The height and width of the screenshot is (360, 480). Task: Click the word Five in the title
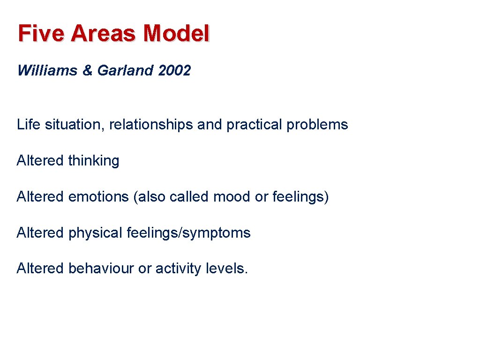[x=41, y=34]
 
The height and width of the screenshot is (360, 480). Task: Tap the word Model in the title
[x=177, y=34]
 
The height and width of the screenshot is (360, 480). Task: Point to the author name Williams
[x=47, y=71]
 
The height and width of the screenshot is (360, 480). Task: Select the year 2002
[x=175, y=71]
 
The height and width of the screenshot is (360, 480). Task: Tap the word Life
[x=29, y=125]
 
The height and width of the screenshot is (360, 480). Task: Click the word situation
[x=75, y=125]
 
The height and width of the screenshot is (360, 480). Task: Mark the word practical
[x=255, y=125]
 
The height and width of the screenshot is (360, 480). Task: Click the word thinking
[x=94, y=161]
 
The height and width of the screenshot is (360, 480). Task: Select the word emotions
[x=98, y=197]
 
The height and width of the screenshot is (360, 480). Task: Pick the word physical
[x=96, y=233]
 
